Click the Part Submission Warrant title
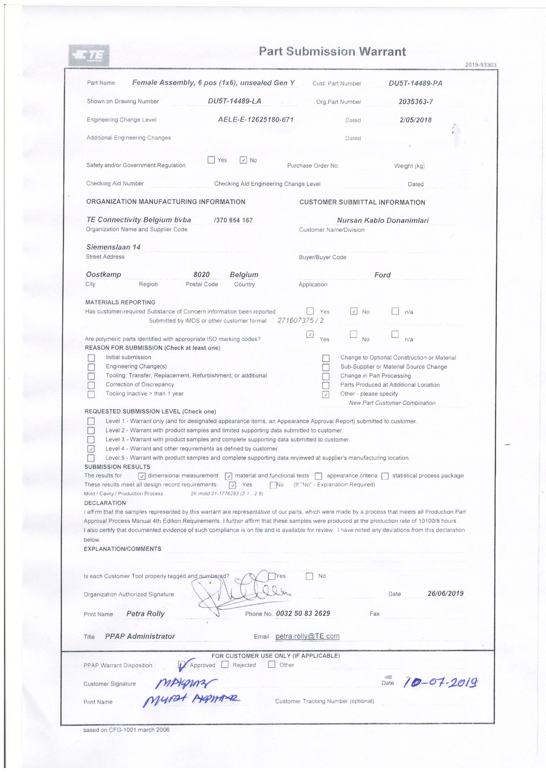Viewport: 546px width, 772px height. click(x=332, y=51)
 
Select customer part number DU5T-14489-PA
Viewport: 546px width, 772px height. click(x=415, y=83)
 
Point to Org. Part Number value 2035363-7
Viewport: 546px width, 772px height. click(x=415, y=101)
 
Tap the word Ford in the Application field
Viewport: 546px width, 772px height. click(x=382, y=275)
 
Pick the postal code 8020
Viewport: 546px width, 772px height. click(x=201, y=275)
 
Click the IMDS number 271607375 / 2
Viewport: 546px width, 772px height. click(x=301, y=320)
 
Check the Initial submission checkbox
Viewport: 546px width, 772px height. click(x=91, y=358)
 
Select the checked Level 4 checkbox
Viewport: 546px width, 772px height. click(x=91, y=449)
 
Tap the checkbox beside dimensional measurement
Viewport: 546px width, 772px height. click(x=142, y=476)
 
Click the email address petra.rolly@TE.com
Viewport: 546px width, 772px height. click(x=307, y=636)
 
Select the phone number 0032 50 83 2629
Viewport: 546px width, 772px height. click(x=303, y=613)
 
